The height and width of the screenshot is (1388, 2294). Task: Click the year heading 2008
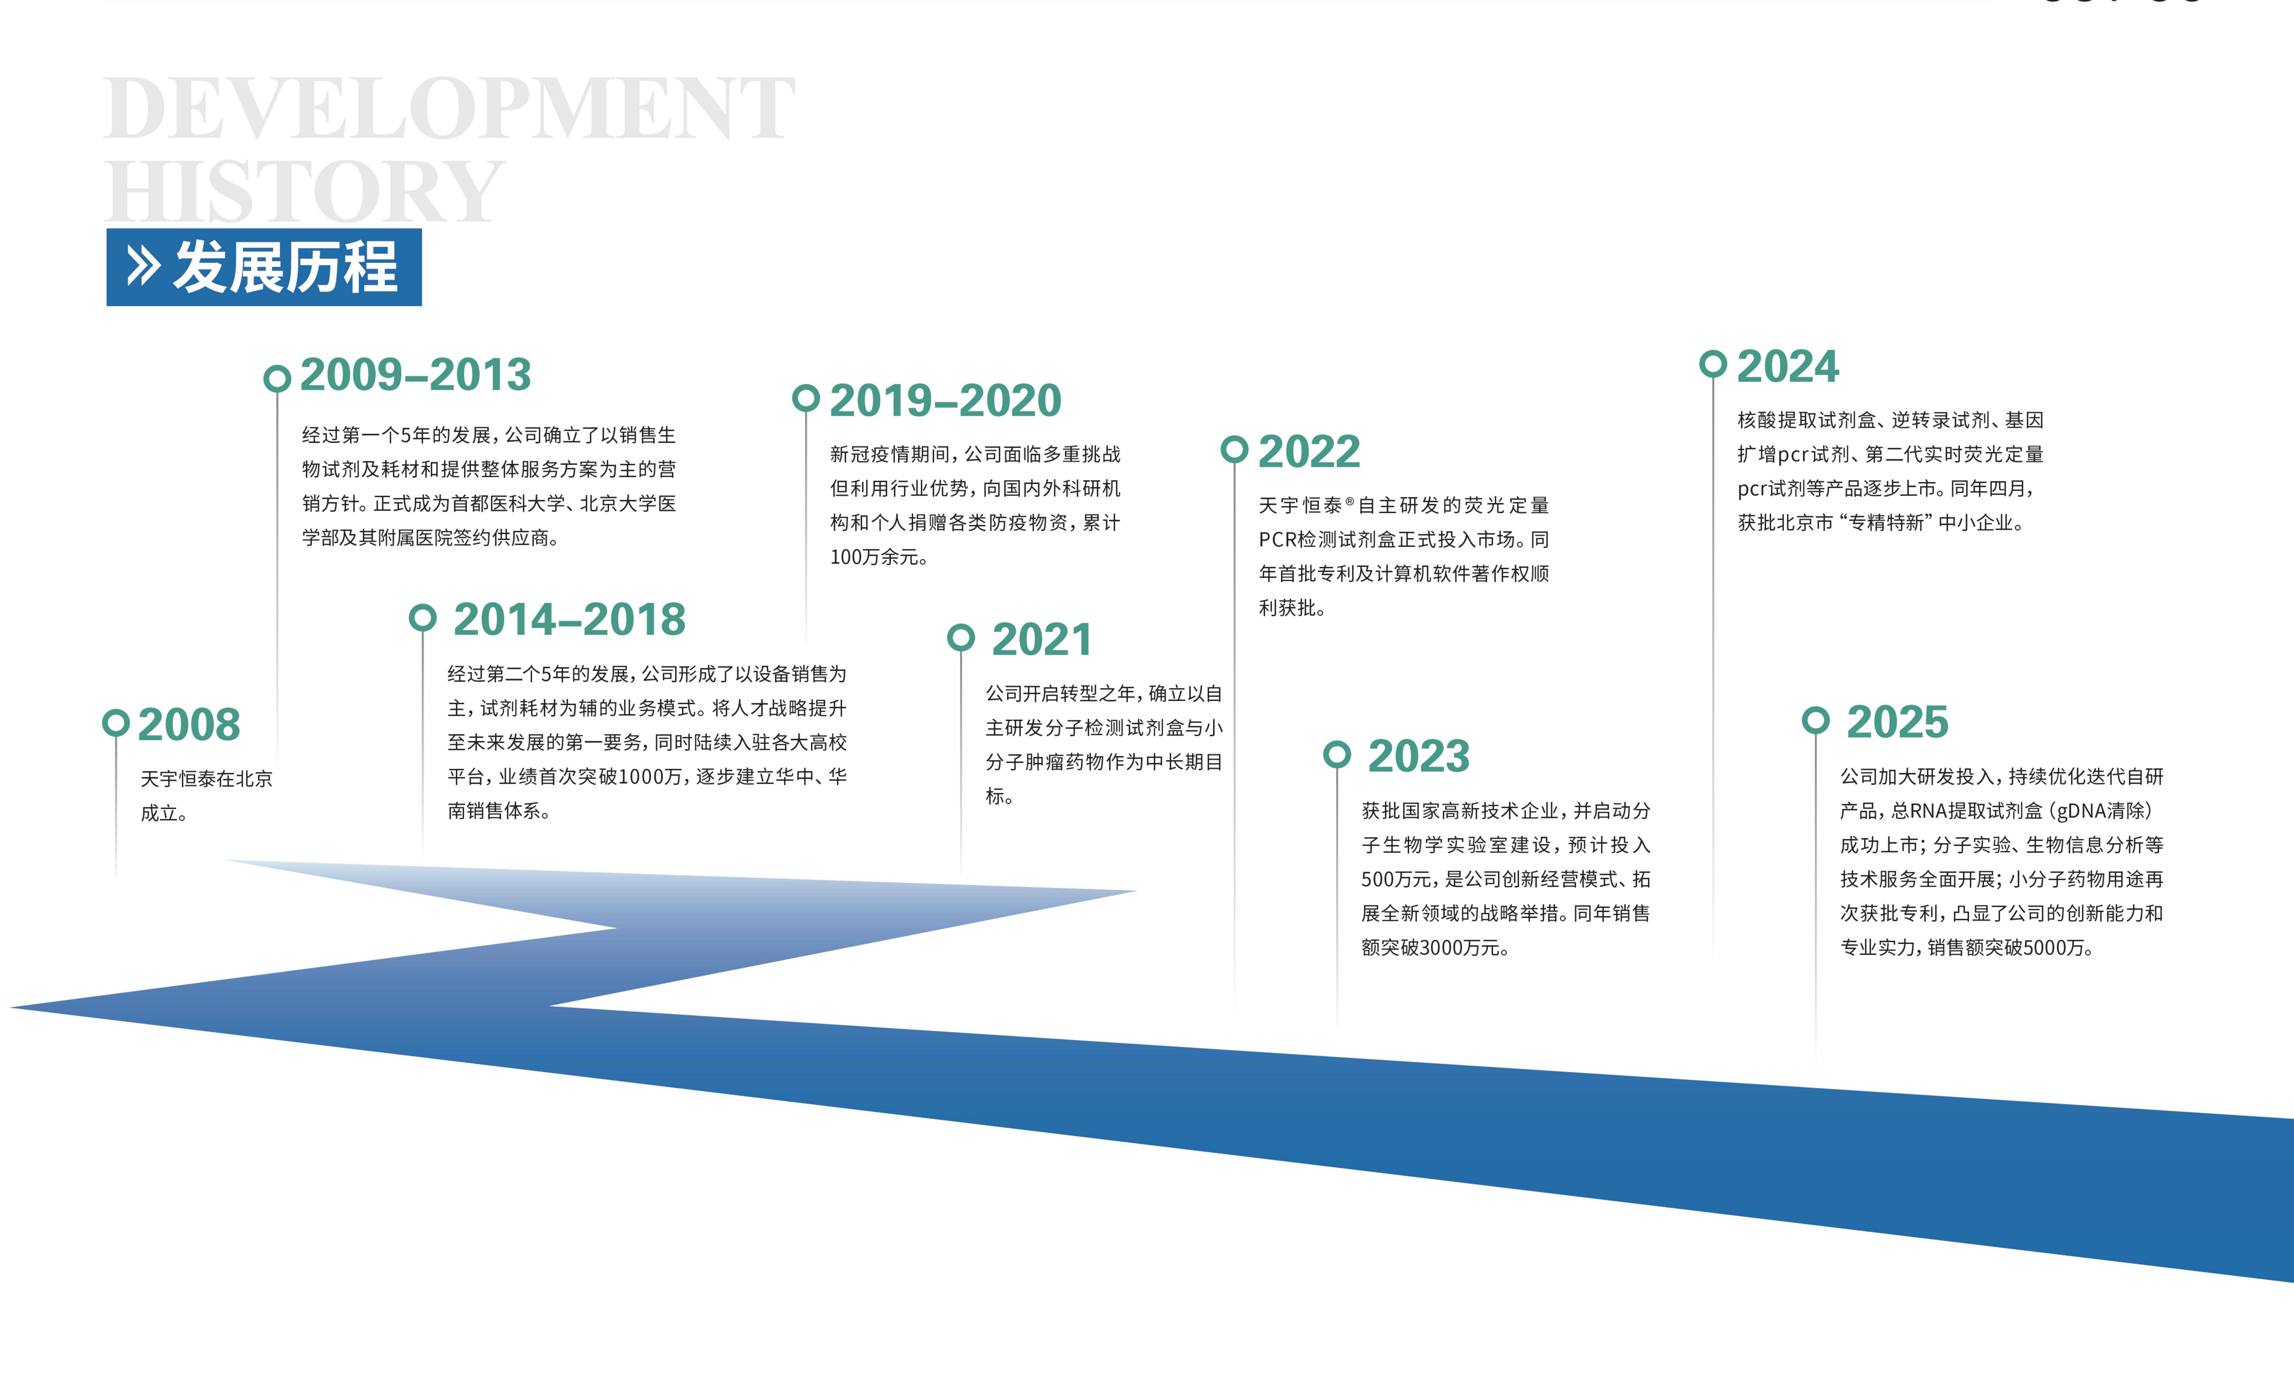(x=189, y=724)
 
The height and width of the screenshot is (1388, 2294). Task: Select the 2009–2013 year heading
(x=415, y=375)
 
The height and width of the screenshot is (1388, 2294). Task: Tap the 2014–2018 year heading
(x=570, y=619)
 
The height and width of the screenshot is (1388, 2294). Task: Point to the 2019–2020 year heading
(x=945, y=400)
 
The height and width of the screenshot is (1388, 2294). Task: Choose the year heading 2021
(x=1042, y=639)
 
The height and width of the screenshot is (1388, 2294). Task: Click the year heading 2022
(x=1309, y=453)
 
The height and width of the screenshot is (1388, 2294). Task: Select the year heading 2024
(x=1788, y=366)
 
